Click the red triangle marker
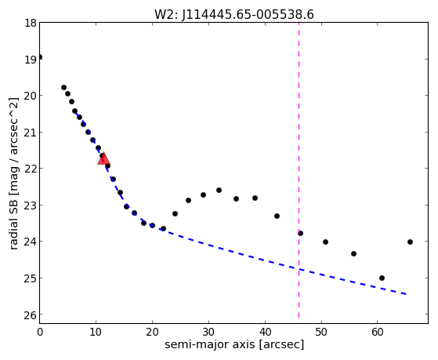[103, 159]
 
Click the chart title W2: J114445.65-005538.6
[234, 15]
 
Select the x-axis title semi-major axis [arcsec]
[234, 344]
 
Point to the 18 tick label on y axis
[31, 23]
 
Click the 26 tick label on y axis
[31, 315]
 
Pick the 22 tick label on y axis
[31, 169]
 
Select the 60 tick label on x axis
[377, 333]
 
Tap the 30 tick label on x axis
[208, 333]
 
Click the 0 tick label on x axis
[40, 333]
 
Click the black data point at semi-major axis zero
[40, 57]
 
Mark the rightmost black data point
[410, 242]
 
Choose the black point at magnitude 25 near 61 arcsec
[382, 278]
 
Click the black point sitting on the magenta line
[300, 233]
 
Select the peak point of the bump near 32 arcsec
[219, 191]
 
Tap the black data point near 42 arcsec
[277, 216]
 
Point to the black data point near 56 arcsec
[353, 253]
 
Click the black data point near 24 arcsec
[176, 213]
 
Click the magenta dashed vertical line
[299, 170]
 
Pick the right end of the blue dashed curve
[406, 294]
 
